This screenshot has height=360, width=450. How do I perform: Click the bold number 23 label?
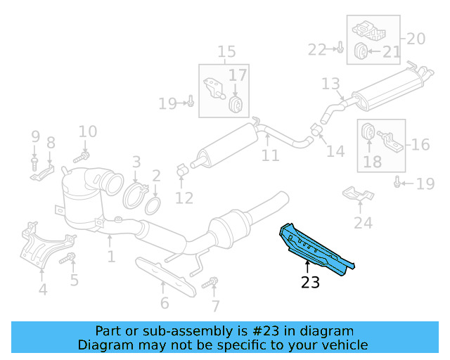(310, 283)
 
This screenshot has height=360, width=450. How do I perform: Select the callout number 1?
(111, 257)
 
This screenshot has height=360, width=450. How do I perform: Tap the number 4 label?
(43, 289)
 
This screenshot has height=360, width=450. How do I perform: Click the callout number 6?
(165, 303)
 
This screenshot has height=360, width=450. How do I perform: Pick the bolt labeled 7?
(209, 285)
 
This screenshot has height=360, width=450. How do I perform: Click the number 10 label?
(87, 131)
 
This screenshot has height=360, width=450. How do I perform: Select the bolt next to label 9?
(34, 165)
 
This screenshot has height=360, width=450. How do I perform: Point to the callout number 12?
(184, 198)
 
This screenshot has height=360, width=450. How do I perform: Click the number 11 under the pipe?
(271, 155)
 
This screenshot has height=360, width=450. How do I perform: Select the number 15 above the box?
(226, 51)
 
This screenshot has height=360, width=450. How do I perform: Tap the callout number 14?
(335, 150)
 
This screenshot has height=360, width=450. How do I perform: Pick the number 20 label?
(416, 39)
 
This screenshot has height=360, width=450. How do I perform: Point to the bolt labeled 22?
(339, 49)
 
